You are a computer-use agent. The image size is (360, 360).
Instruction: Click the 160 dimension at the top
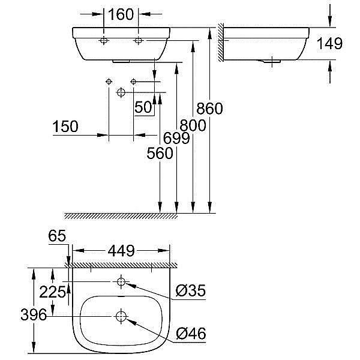coord(121,14)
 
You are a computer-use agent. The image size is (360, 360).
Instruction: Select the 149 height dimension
coord(331,43)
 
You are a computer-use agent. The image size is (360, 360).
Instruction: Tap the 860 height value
coord(210,109)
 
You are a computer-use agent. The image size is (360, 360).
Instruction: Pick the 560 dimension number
coord(160,154)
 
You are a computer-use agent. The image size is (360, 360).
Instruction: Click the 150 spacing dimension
coord(65,127)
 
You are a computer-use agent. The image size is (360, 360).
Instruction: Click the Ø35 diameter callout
coord(191,292)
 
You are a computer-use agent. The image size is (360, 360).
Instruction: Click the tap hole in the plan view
coord(122,281)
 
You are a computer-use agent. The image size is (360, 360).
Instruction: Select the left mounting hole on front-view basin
coord(104,40)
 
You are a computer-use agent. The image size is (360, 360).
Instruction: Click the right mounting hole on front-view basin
coord(139,40)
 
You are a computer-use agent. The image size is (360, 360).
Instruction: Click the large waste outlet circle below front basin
coord(121,92)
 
